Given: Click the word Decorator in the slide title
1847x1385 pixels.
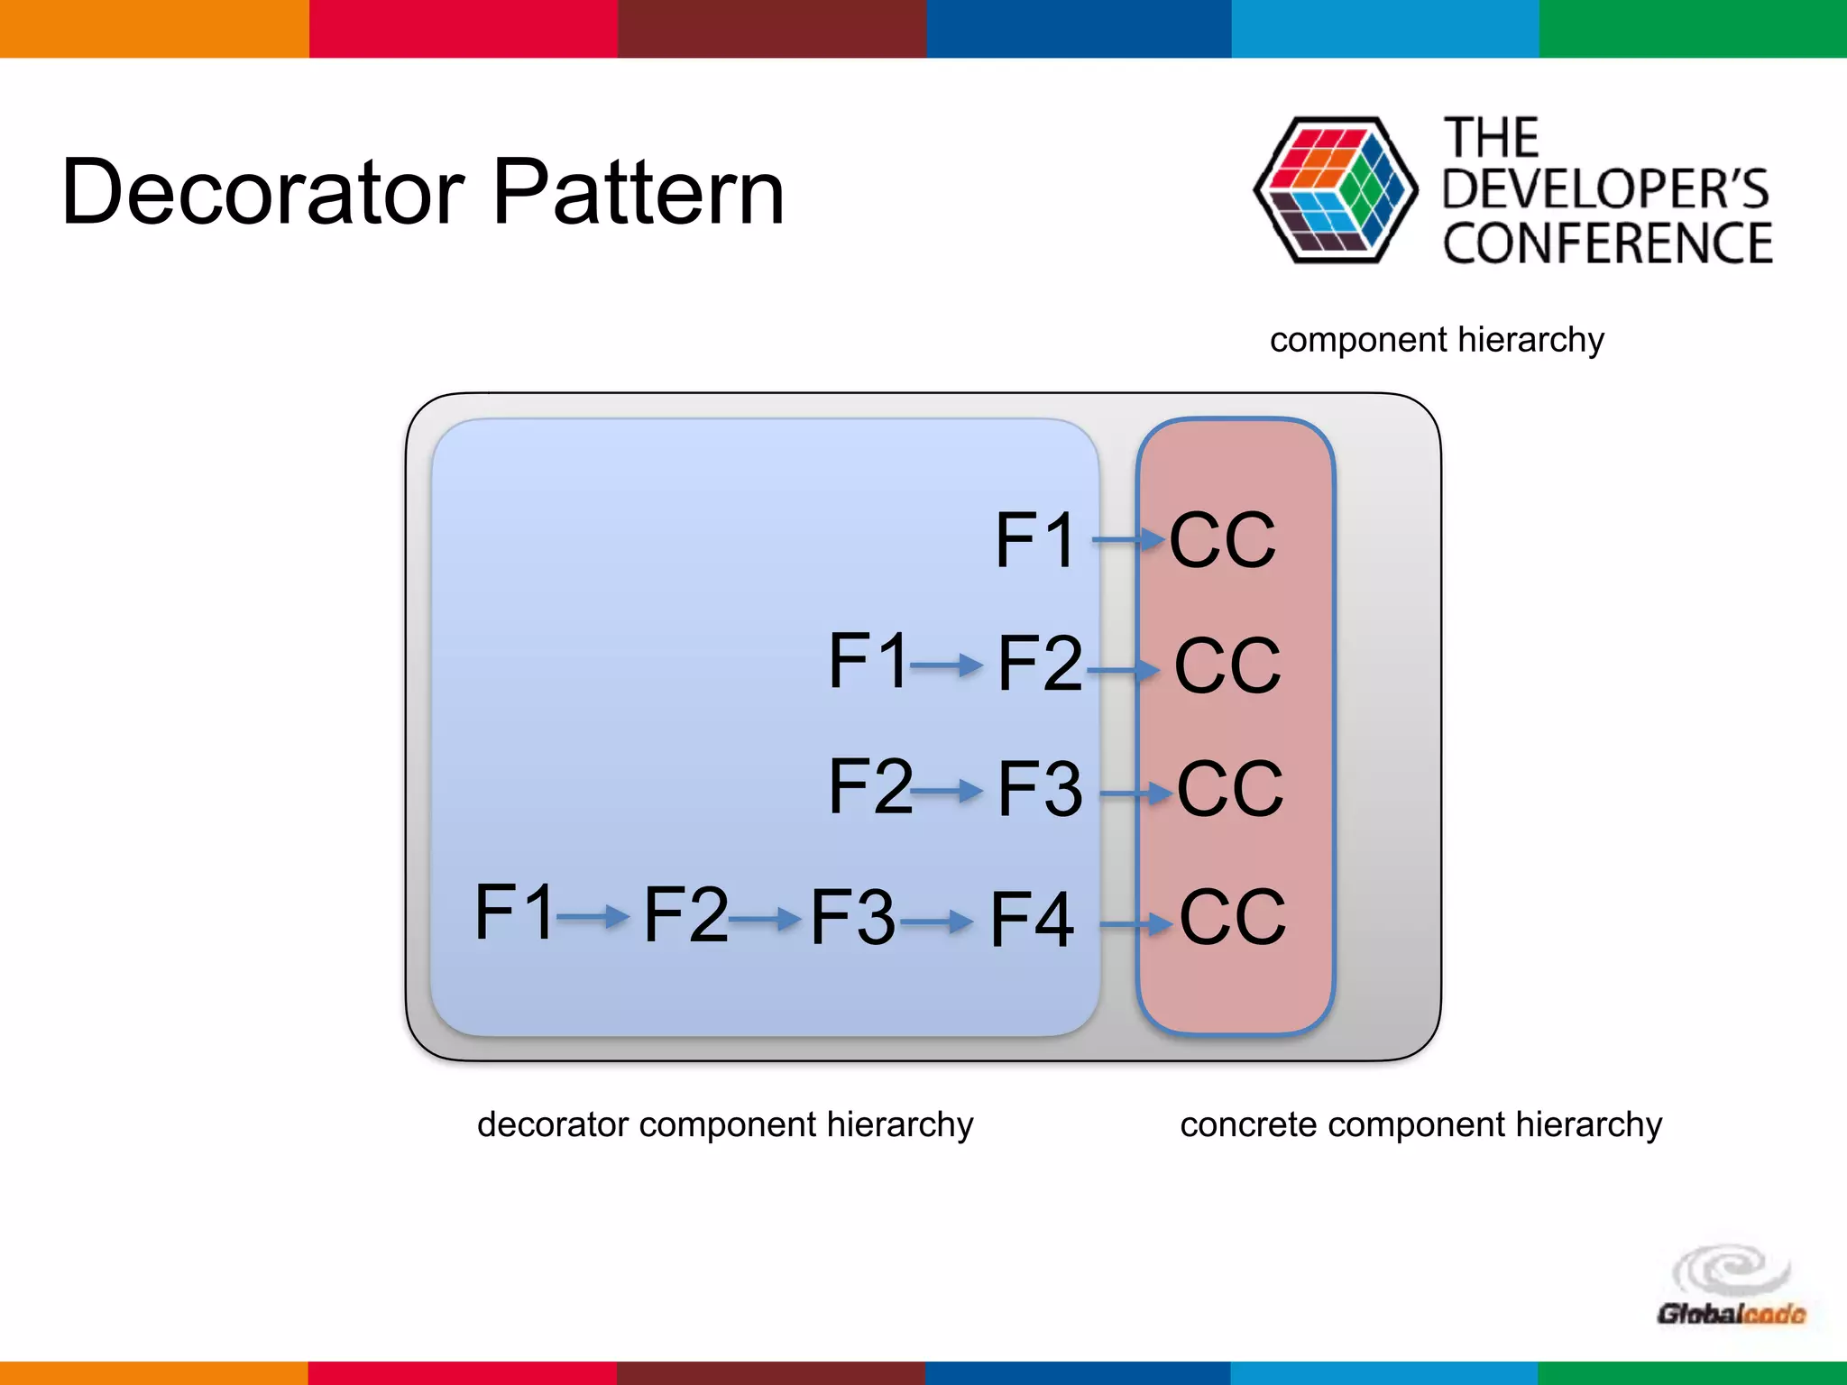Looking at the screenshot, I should tap(262, 192).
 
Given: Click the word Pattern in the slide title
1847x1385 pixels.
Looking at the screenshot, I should tap(639, 192).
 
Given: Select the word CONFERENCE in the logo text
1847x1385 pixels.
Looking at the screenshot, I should tap(1607, 243).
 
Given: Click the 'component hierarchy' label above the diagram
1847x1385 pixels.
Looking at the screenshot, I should tap(1437, 340).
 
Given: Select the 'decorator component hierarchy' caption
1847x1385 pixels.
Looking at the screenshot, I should tap(725, 1124).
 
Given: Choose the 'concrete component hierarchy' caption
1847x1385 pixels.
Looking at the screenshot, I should tap(1420, 1124).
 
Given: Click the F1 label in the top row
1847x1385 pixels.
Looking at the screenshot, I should tap(1035, 540).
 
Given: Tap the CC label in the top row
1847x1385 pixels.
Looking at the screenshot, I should tap(1222, 540).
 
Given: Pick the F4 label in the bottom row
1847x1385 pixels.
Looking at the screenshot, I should tap(1032, 920).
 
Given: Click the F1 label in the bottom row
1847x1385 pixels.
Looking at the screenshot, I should tap(514, 913).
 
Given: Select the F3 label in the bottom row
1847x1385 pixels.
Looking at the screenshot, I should tap(852, 917).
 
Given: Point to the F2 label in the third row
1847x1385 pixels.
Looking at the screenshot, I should tap(869, 786).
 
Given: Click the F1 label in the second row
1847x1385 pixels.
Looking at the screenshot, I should tap(868, 661).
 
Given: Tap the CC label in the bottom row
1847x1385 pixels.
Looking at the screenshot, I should tap(1232, 917).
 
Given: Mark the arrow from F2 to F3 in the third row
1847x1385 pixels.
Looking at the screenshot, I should tap(947, 792).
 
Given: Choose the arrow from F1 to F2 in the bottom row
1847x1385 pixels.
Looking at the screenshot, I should tap(593, 918).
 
